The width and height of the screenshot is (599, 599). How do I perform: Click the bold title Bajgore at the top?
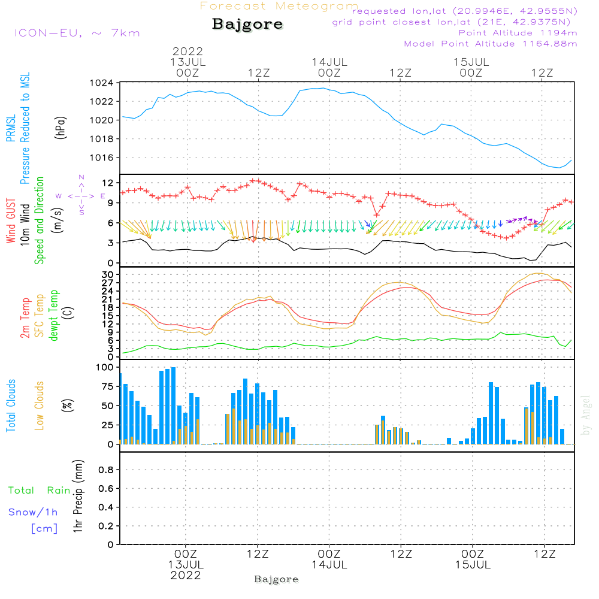click(x=247, y=25)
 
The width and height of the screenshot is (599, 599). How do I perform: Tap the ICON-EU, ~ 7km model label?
click(x=77, y=33)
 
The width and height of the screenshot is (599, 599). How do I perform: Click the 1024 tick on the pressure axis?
click(x=102, y=83)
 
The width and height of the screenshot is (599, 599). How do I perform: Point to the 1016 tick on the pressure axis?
click(x=102, y=158)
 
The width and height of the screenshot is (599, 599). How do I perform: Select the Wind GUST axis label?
click(x=11, y=220)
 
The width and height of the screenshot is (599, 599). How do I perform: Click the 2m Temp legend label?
click(x=25, y=318)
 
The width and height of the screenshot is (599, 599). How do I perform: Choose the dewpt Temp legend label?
click(x=53, y=315)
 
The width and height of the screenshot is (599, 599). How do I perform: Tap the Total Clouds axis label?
click(x=11, y=406)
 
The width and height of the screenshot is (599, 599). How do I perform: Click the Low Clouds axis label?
click(x=40, y=406)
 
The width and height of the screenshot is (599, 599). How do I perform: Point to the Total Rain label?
click(x=40, y=491)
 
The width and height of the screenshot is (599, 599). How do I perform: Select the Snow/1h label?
click(x=33, y=512)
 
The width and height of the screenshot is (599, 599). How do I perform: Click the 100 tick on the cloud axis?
click(x=105, y=368)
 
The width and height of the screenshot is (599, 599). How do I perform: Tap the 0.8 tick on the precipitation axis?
click(x=106, y=470)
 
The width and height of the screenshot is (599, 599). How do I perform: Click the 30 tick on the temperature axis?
click(x=108, y=275)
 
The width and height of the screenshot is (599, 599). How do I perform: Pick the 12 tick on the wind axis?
click(x=108, y=183)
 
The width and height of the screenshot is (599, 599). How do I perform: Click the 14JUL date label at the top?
click(x=329, y=62)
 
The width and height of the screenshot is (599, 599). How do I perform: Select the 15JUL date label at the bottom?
click(x=473, y=565)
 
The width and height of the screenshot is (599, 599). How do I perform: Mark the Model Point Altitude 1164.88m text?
click(x=491, y=44)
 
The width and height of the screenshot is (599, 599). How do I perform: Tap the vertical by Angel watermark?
click(x=585, y=415)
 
